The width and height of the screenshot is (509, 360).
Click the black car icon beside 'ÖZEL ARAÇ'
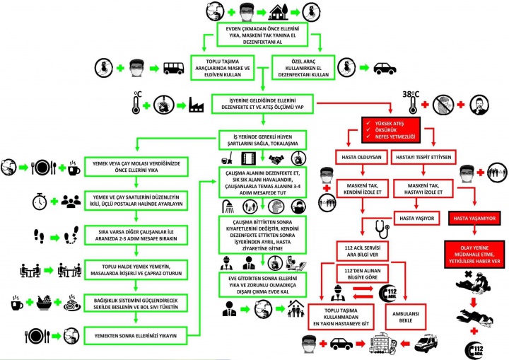[385, 68]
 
